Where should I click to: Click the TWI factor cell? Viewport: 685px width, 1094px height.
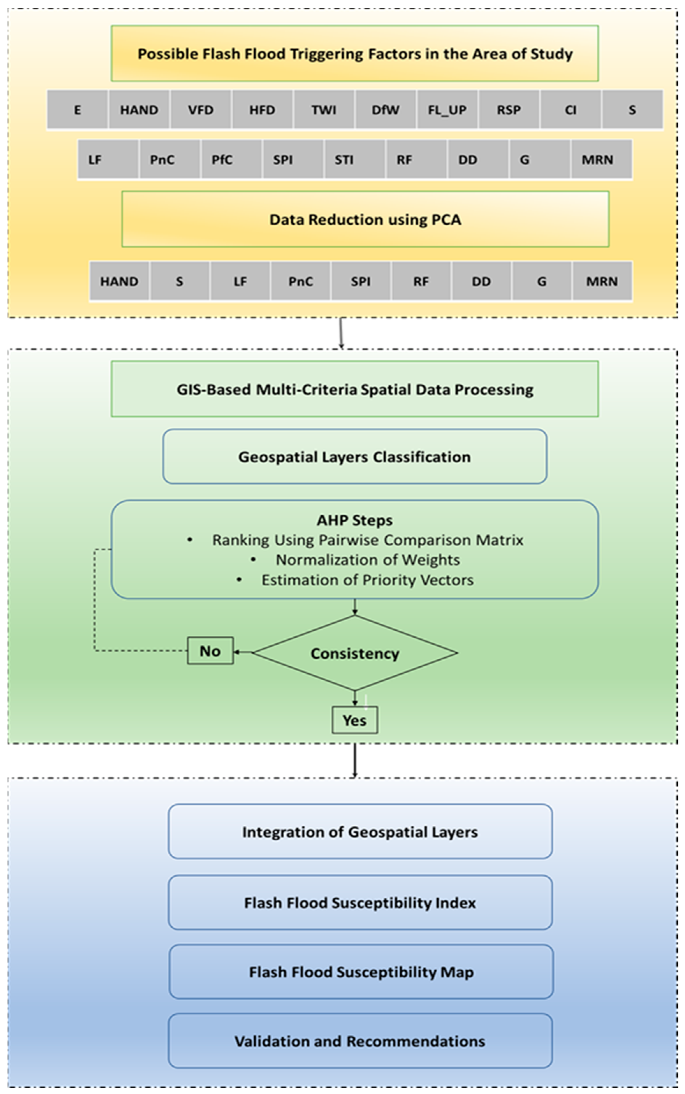[x=323, y=110]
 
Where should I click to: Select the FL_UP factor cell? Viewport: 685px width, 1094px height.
[x=447, y=110]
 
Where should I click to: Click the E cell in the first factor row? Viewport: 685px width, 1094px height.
[x=78, y=110]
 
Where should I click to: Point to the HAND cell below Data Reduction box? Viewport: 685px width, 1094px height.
[x=119, y=281]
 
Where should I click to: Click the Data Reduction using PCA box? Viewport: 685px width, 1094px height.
[x=365, y=219]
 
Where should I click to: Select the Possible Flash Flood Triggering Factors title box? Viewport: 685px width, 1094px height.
[x=355, y=53]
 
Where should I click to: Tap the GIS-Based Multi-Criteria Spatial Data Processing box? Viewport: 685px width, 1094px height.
[x=355, y=389]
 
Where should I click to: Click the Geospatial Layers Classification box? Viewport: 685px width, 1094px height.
[x=355, y=457]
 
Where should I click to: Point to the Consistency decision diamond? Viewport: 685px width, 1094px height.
[x=355, y=653]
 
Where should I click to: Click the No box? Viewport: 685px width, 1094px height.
[x=210, y=651]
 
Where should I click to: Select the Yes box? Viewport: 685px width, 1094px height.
[x=355, y=720]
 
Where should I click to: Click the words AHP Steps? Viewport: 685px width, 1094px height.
[x=355, y=520]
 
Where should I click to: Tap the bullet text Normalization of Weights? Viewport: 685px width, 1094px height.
[x=367, y=560]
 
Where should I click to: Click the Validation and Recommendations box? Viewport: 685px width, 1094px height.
[x=360, y=1041]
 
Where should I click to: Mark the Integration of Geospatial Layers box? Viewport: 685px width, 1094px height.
[x=360, y=832]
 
